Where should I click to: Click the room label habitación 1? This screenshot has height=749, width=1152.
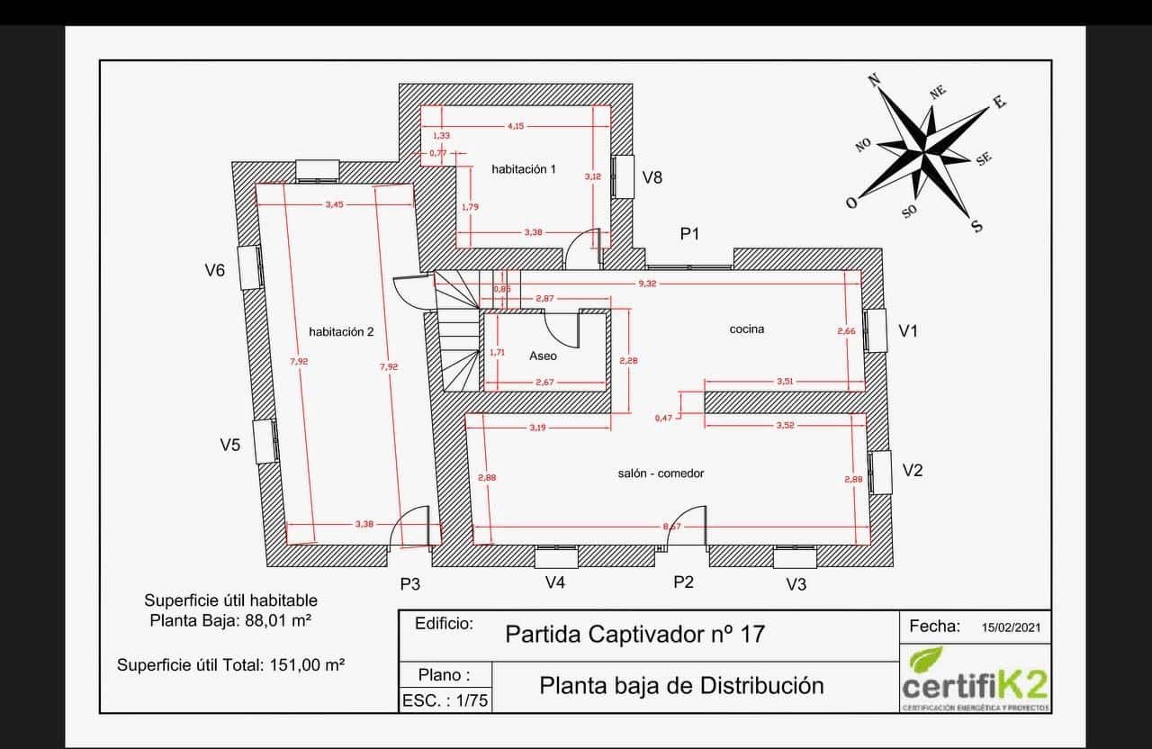(x=523, y=169)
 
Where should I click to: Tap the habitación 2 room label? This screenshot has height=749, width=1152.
(x=341, y=331)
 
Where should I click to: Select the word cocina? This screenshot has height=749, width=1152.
(x=747, y=329)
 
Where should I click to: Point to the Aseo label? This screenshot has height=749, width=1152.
(x=543, y=356)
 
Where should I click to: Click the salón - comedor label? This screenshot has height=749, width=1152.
(x=661, y=474)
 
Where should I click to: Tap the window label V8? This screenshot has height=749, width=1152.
(x=652, y=177)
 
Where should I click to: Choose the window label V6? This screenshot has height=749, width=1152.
(x=214, y=269)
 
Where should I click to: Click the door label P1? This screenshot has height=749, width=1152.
(x=690, y=234)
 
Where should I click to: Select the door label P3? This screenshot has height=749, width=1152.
(x=410, y=584)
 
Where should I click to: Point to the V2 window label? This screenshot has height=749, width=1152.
(x=913, y=470)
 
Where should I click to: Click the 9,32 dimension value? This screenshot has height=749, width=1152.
(x=647, y=284)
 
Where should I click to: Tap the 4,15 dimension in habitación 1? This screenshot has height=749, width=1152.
(x=516, y=126)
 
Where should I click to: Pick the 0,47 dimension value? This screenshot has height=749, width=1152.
(x=662, y=418)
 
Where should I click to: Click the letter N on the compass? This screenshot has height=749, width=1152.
(x=873, y=80)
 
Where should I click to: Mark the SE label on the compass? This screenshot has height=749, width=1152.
(x=984, y=158)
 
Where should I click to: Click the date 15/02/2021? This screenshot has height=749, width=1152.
(x=1012, y=627)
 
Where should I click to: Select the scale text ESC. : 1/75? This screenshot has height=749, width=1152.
(x=445, y=700)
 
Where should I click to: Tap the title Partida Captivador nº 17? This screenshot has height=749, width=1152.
(x=635, y=634)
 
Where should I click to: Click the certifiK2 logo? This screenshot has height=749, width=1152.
(x=975, y=679)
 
